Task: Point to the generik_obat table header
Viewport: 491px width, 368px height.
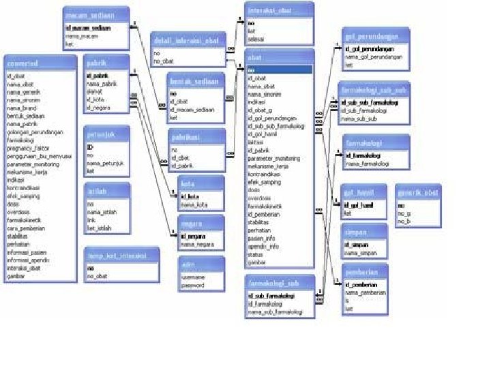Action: [419, 193]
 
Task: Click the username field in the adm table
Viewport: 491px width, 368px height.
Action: [194, 277]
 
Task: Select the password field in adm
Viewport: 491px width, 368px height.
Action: [194, 286]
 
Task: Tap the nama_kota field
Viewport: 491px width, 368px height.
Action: [194, 205]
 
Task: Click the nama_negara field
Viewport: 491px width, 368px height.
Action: [198, 243]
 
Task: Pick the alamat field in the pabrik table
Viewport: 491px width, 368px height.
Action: [95, 91]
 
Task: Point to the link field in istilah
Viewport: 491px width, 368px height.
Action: [91, 219]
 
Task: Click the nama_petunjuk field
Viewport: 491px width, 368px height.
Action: [104, 164]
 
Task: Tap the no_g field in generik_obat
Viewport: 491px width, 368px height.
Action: [404, 213]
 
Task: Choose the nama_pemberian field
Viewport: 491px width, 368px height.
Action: [366, 292]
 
